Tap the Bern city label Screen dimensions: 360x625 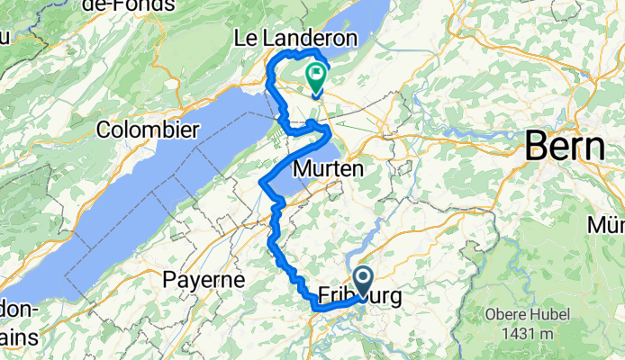pos(564,146)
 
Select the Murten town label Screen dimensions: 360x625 pos(328,168)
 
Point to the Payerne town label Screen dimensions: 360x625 pos(204,280)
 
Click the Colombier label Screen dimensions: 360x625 pos(149,130)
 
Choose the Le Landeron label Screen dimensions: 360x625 pos(295,39)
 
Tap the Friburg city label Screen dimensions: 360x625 pos(358,295)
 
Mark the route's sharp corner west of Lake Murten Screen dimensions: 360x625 pos(261,183)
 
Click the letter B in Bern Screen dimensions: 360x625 pos(535,146)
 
